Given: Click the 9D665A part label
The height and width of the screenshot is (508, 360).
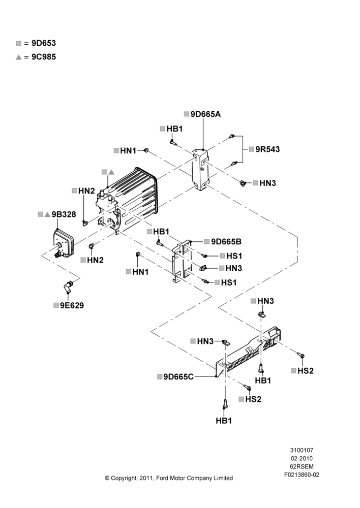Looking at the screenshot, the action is point(205,114).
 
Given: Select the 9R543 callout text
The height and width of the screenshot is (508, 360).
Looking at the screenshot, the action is point(267,149).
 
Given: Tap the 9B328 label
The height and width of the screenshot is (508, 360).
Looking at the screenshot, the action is point(64,214).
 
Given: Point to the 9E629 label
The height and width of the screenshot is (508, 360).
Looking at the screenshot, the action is point(72,305).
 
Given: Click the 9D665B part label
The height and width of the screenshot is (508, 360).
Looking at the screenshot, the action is point(226,242).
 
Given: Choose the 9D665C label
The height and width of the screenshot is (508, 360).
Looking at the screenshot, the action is point(178,376).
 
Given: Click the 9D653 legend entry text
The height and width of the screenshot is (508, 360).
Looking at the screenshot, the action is point(44,43).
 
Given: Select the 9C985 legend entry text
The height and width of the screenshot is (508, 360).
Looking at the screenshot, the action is point(44,57).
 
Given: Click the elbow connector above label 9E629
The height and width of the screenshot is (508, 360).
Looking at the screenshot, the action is point(68,286).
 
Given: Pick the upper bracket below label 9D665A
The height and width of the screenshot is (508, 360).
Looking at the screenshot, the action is point(200,169).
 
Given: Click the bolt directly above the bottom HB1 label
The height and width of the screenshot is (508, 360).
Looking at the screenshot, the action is point(224,405).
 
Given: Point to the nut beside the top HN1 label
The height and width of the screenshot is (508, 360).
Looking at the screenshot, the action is point(146,150).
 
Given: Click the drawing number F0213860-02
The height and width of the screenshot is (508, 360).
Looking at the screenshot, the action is point(302,474).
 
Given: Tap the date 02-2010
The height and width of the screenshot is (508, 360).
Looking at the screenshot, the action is point(302,458).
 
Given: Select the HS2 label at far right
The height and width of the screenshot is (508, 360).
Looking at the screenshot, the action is point(306,371).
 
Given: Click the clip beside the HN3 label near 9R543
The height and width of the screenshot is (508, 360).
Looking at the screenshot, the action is point(242,183).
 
